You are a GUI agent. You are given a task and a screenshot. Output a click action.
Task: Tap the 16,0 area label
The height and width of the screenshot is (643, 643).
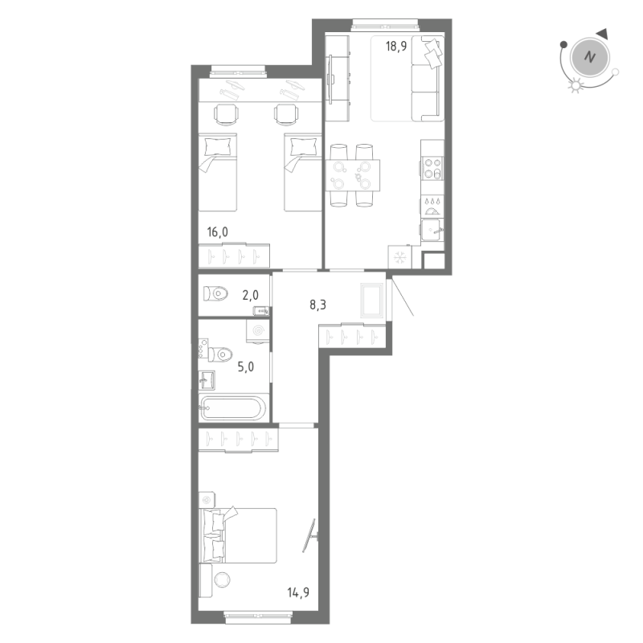coord(217,232)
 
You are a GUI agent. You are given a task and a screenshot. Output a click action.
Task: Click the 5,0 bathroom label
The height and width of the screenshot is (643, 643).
coord(245,367)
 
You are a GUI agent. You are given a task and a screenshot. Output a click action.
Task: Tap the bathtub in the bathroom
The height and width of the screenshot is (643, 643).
coord(232,408)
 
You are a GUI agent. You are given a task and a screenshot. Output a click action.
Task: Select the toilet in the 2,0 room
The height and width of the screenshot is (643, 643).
coord(215,293)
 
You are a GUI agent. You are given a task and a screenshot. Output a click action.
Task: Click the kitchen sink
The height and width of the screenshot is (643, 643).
coord(431,230)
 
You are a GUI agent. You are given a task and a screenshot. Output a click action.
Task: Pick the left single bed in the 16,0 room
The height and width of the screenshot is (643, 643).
coord(219,171)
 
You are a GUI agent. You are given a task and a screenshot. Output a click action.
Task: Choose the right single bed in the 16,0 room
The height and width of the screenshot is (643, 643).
coord(303,171)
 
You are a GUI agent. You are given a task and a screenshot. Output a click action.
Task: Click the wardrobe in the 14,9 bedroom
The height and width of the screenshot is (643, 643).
coord(239,440)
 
